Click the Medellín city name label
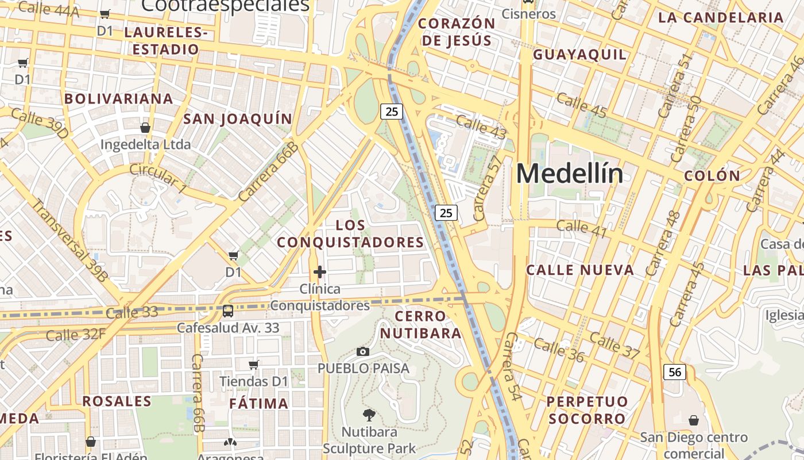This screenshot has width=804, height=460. coord(569,174)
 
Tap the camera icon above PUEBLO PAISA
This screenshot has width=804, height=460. coord(363,351)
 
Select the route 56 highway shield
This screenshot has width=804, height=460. coord(675,372)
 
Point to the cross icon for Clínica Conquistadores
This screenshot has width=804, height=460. coord(320,272)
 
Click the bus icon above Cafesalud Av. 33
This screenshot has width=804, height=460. coord(228,311)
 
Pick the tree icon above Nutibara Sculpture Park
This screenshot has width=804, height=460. coord(369,415)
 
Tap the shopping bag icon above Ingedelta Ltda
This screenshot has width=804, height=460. coord(145,127)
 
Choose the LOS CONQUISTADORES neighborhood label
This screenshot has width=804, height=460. coord(350,233)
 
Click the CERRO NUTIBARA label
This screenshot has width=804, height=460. coord(421,324)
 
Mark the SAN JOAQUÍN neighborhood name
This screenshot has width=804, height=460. coord(238,119)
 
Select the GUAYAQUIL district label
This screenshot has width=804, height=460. coord(579,55)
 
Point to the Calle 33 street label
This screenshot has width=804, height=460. coord(132,313)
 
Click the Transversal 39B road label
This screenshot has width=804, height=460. coord(69,240)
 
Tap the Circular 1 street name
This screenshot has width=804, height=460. coord(158,178)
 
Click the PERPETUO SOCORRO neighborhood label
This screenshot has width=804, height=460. coord(587,410)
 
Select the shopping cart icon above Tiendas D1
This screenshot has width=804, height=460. coord(253,365)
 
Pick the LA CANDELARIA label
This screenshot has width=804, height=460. coord(721,17)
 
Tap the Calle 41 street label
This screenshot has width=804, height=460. coord(582,228)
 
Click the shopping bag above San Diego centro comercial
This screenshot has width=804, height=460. coord(694,420)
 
